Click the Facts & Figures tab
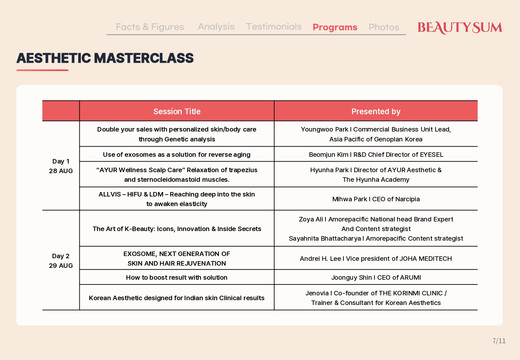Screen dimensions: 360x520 (x=150, y=27)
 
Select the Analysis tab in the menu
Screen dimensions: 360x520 (x=216, y=27)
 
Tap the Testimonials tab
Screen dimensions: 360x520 (x=274, y=27)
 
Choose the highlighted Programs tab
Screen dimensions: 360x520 (x=335, y=27)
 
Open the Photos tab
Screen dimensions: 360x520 (x=384, y=27)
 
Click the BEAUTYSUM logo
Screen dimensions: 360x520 (x=460, y=28)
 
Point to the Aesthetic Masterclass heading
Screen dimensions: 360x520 (x=105, y=58)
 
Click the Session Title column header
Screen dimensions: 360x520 (x=177, y=111)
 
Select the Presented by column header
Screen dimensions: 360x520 (x=376, y=111)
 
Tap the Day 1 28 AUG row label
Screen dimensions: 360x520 (x=61, y=166)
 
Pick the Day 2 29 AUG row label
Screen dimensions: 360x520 (x=61, y=260)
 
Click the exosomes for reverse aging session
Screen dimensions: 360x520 (x=177, y=155)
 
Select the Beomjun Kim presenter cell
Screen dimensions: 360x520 (x=376, y=155)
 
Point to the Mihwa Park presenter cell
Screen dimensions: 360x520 (x=376, y=199)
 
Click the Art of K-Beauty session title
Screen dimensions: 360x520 (x=177, y=229)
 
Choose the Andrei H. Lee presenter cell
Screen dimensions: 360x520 (x=376, y=259)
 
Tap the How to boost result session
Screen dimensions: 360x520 (x=177, y=277)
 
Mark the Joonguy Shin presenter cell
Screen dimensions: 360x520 (x=376, y=277)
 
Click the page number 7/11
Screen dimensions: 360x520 (x=499, y=341)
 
